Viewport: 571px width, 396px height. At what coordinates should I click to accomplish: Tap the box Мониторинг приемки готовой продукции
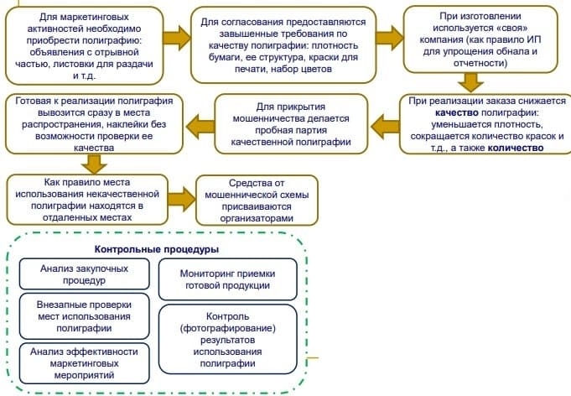coord(227,279)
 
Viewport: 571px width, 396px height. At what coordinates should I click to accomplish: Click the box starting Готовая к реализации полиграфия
coord(95,124)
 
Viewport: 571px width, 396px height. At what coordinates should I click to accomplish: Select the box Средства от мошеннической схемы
coord(257,200)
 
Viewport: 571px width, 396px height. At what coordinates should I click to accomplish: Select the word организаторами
coord(257,217)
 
